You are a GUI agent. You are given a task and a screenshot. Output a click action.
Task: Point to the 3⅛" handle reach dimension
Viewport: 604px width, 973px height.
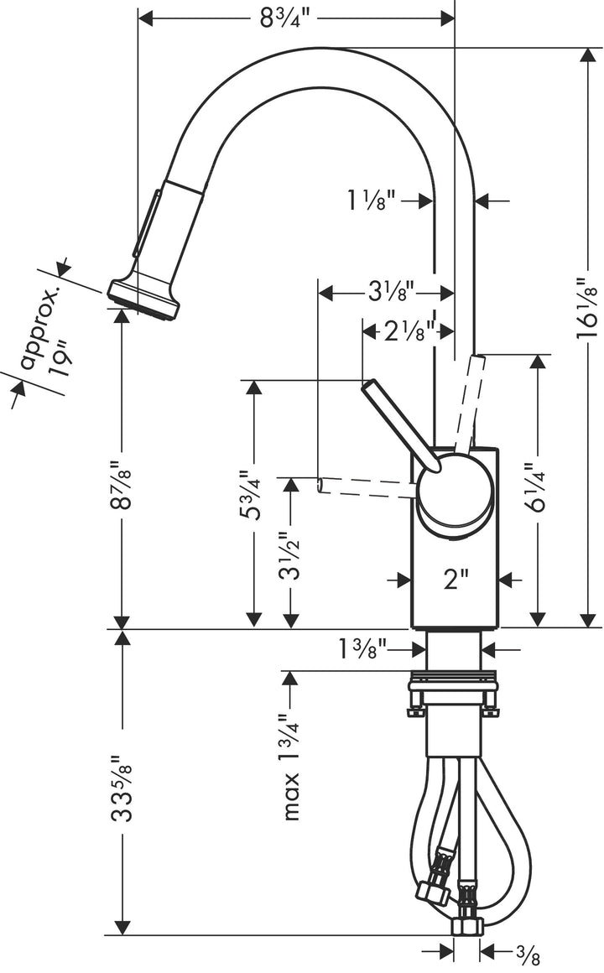click(388, 293)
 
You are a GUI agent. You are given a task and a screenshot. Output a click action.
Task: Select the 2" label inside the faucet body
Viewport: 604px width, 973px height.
click(456, 580)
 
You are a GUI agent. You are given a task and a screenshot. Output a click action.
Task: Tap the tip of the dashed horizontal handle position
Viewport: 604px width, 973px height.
click(321, 485)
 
